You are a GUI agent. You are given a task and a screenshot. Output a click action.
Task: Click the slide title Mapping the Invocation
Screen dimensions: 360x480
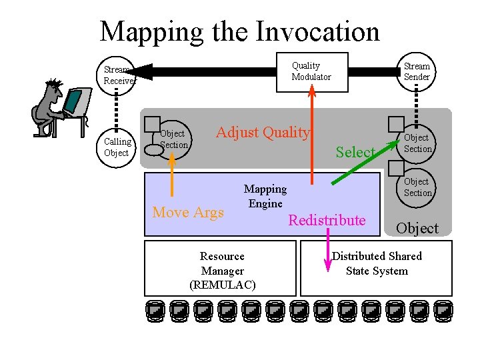click(239, 31)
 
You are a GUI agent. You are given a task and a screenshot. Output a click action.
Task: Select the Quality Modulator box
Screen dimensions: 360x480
click(311, 71)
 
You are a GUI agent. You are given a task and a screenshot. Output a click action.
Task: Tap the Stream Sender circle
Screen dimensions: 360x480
click(417, 71)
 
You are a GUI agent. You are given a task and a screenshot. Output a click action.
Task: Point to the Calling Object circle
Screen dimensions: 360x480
click(117, 147)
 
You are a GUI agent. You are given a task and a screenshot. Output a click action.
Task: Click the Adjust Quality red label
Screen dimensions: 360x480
click(263, 133)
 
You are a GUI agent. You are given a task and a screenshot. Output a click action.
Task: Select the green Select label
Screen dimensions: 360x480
click(355, 153)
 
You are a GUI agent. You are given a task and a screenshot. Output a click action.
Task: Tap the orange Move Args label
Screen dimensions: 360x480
click(188, 213)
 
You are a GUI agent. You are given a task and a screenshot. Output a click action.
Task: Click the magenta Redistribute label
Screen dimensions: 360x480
click(327, 221)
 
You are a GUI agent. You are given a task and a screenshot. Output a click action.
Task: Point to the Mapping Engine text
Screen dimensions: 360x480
click(265, 196)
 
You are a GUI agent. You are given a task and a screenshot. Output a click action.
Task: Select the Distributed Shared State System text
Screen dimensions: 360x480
click(377, 263)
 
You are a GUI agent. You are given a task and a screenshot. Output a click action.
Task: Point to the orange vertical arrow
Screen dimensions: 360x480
click(172, 175)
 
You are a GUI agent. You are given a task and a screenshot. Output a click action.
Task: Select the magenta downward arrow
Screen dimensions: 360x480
click(327, 251)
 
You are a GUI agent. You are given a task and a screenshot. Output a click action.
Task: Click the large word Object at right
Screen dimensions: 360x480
click(417, 228)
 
